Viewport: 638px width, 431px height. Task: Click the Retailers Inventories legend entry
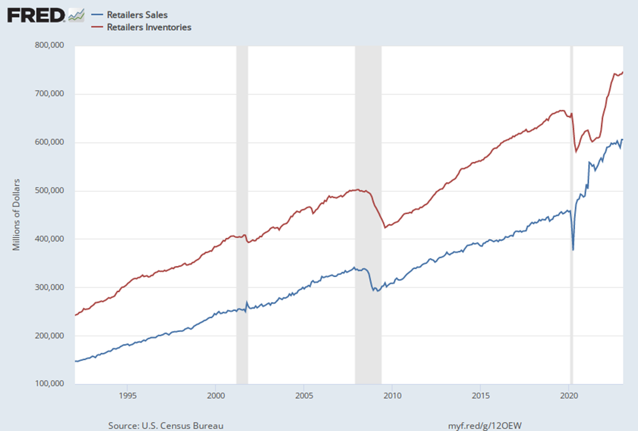[x=149, y=28]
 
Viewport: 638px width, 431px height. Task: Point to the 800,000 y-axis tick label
[x=49, y=45]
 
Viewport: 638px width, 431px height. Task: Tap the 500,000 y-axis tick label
[x=49, y=191]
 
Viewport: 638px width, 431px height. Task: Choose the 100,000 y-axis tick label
[x=49, y=384]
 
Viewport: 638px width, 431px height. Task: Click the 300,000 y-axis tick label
[x=49, y=288]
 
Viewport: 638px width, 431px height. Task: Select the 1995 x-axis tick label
[x=128, y=396]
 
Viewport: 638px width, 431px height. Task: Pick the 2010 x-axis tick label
[x=393, y=396]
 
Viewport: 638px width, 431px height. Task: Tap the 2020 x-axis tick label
[x=569, y=396]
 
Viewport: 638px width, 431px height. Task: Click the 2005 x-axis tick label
[x=304, y=396]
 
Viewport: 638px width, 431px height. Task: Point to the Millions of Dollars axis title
[x=17, y=214]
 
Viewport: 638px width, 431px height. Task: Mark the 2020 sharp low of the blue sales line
[x=573, y=250]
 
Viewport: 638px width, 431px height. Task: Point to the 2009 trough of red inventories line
[x=385, y=228]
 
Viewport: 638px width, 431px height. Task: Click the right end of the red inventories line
[x=622, y=72]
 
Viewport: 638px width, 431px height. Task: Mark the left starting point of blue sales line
[x=76, y=361]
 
